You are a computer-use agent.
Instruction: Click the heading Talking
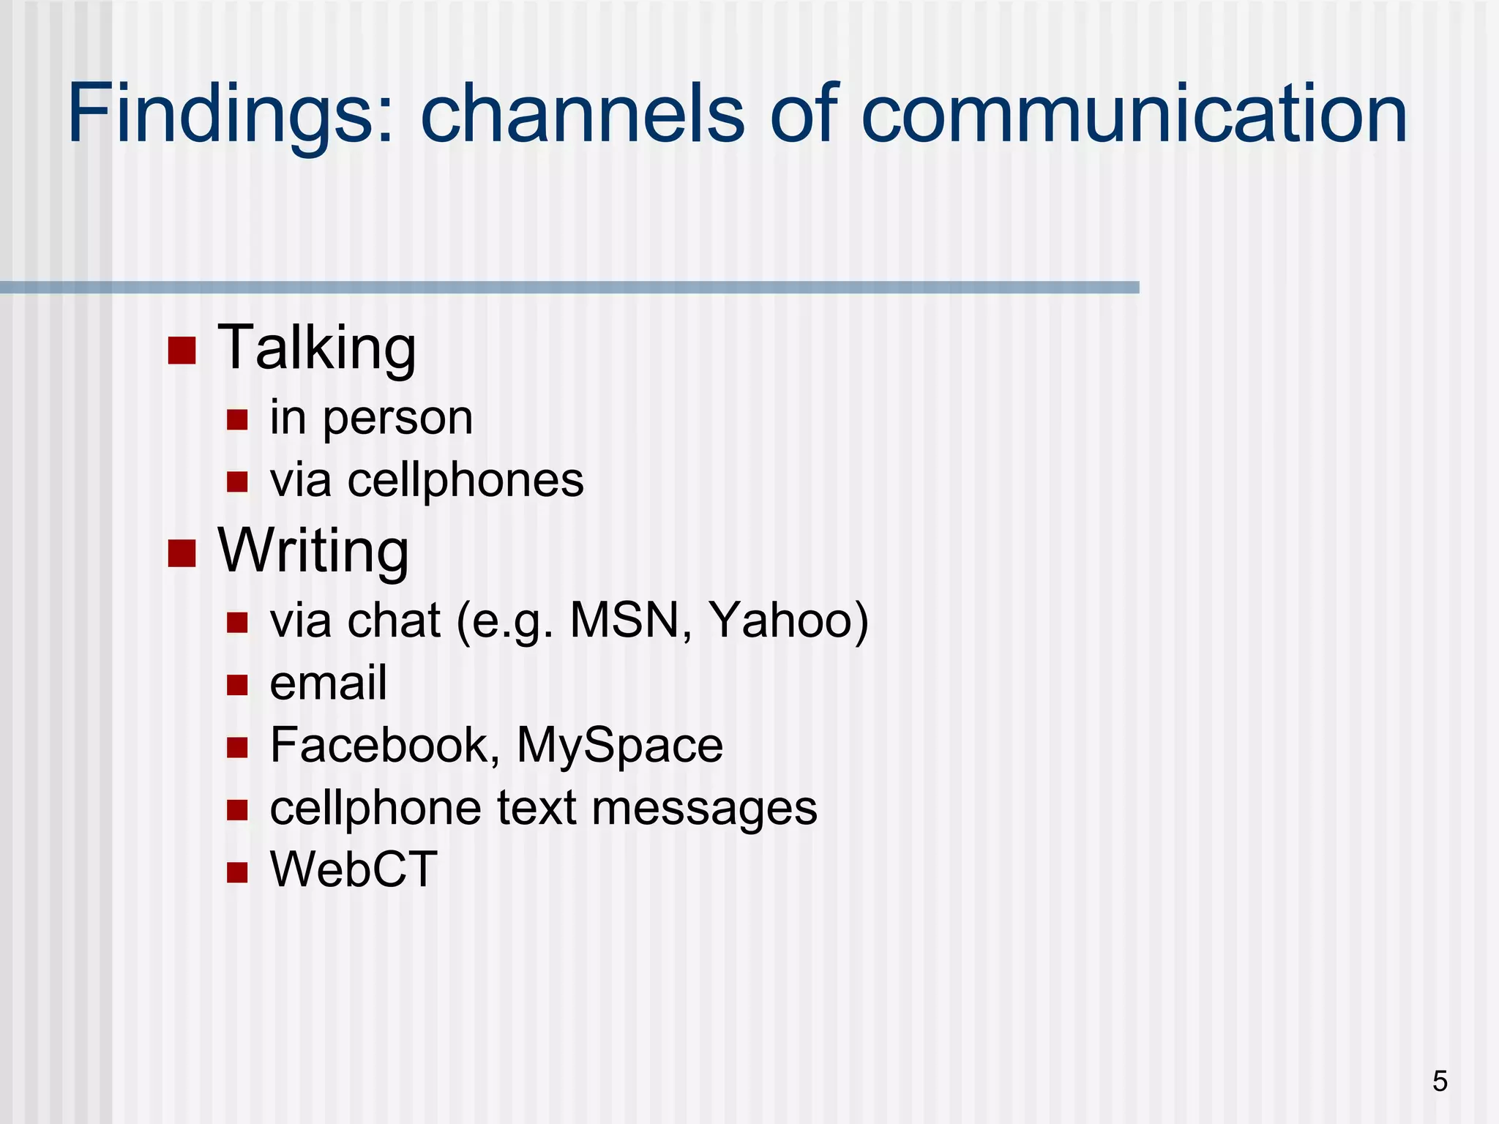click(x=317, y=348)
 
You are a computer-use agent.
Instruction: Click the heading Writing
click(x=313, y=551)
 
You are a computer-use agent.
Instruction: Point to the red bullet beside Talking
click(x=182, y=351)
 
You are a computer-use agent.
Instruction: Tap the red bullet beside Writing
click(x=182, y=553)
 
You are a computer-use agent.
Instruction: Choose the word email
click(x=328, y=683)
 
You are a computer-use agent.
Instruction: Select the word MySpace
click(x=620, y=746)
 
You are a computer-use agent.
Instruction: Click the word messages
click(x=704, y=809)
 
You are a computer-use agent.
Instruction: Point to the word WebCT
click(x=354, y=870)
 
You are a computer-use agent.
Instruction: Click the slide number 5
click(x=1440, y=1082)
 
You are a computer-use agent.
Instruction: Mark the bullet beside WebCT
click(x=237, y=872)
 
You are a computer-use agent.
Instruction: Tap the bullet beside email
click(x=237, y=685)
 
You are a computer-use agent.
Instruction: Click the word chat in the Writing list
click(x=394, y=621)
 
